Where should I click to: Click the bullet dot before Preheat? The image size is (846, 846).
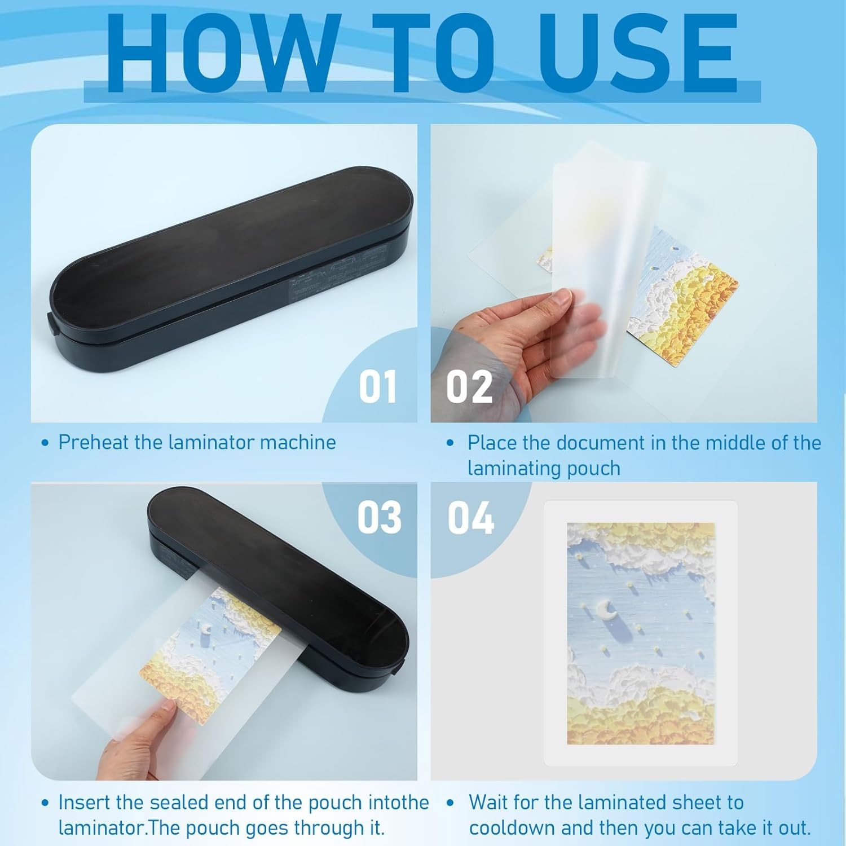tap(46, 443)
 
